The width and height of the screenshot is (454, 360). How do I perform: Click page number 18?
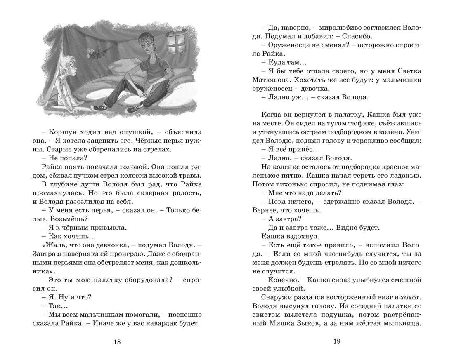117,341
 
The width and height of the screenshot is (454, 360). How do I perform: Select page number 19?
336,341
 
